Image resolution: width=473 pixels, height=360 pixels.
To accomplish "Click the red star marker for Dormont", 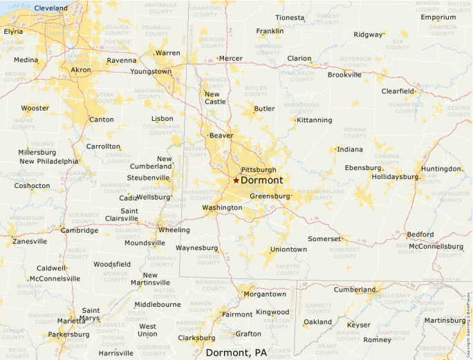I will [236, 180].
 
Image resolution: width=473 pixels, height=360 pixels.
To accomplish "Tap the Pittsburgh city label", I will [259, 169].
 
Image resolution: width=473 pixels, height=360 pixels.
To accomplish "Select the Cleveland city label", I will [51, 8].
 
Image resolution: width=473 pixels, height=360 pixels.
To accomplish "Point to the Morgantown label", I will [265, 294].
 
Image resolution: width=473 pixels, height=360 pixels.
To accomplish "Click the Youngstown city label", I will [150, 71].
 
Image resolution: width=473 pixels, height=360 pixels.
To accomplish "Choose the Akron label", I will [81, 70].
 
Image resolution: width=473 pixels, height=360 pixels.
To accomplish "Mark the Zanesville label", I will [30, 241].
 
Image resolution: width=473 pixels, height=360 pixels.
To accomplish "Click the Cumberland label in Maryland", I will [355, 290].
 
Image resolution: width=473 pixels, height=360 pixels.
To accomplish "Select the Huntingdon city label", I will [440, 169].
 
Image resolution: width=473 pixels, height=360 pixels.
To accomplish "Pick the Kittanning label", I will [315, 120].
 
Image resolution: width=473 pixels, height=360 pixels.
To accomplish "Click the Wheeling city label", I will [174, 229].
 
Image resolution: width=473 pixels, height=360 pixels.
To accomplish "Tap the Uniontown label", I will [288, 249].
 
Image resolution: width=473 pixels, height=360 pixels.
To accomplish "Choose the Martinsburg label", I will [445, 320].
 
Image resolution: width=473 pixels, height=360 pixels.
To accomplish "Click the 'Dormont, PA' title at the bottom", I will [236, 352].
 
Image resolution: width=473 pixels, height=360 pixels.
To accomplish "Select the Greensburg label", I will [270, 196].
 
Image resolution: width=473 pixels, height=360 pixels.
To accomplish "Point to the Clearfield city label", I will [398, 91].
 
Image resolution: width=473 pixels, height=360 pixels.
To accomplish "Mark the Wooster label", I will [35, 108].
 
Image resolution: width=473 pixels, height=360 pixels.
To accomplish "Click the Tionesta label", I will [290, 17].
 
